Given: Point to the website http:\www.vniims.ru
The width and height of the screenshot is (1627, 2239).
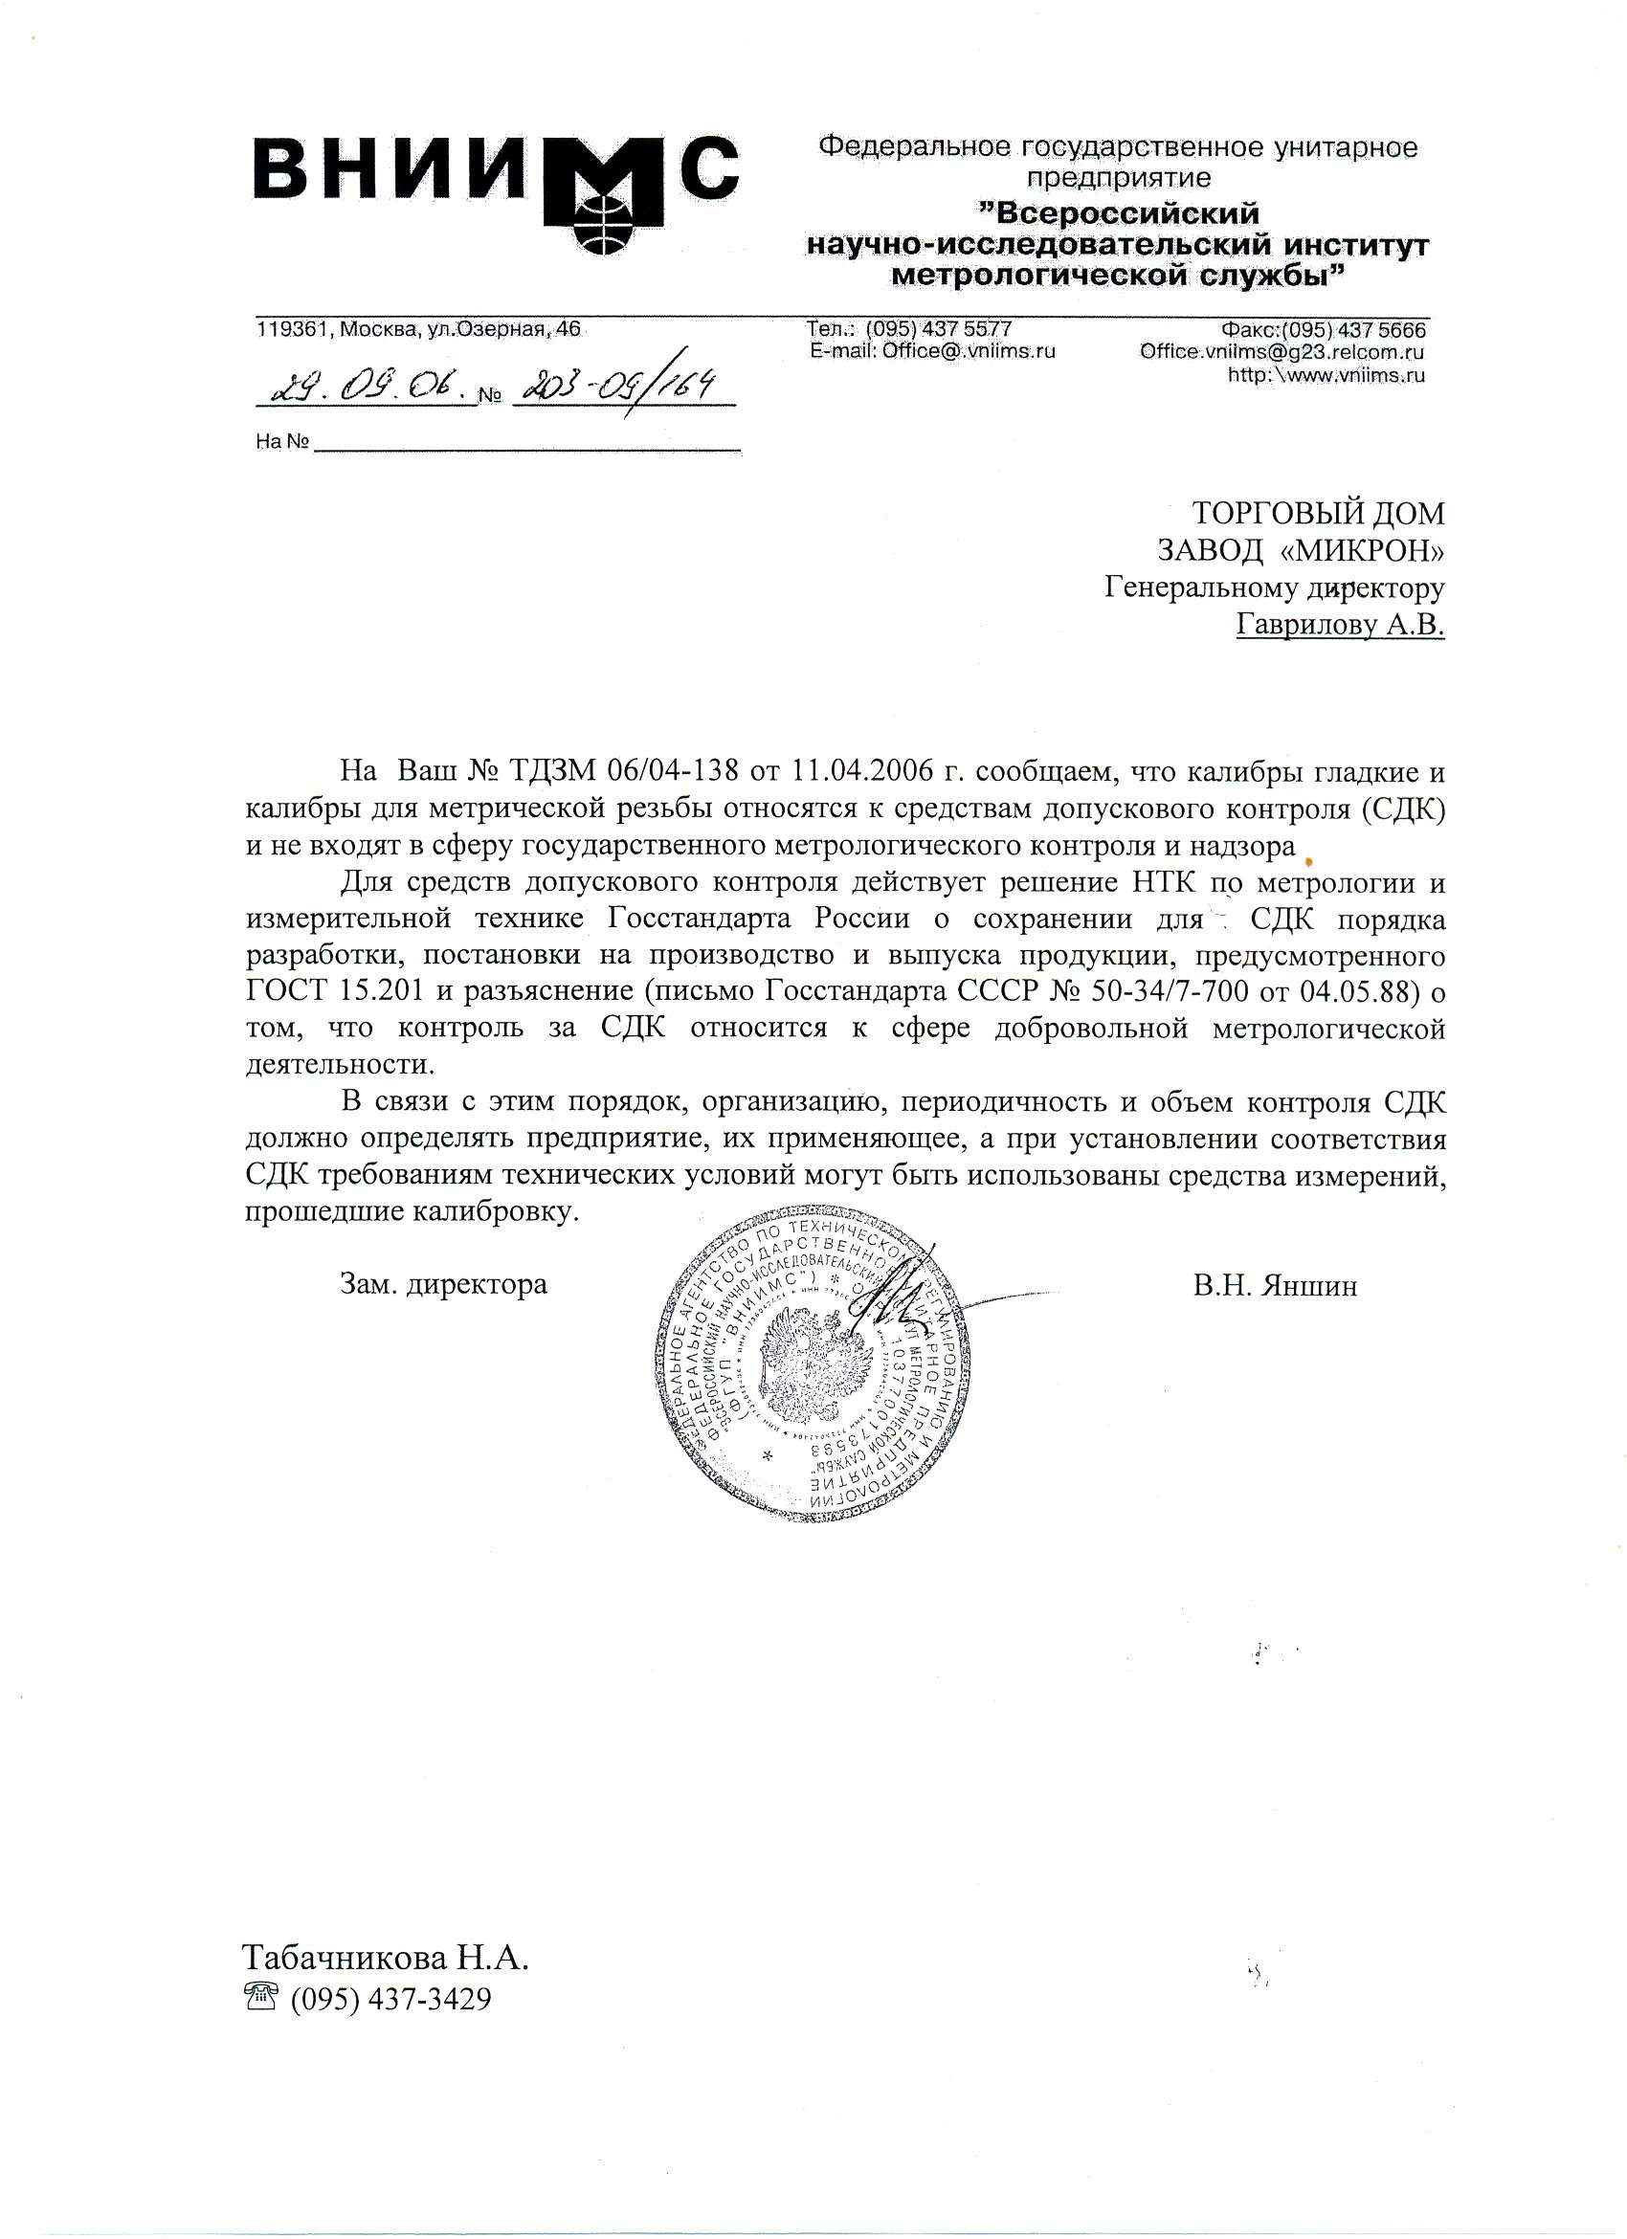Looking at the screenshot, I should tap(1325, 375).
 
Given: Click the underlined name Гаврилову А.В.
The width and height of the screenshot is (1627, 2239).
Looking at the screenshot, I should tap(1340, 624).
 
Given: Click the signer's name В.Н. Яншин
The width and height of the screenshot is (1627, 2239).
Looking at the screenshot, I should tap(1274, 1285).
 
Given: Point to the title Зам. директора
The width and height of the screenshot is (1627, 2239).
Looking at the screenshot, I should tap(442, 1284).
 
